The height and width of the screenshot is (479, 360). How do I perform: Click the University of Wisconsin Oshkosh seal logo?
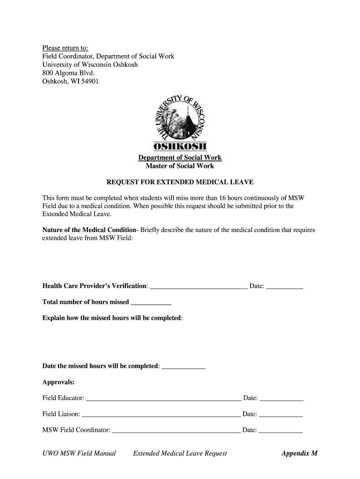(180, 122)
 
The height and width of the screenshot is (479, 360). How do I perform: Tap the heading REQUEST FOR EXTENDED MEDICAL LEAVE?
(180, 182)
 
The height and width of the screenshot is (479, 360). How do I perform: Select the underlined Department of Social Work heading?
(180, 158)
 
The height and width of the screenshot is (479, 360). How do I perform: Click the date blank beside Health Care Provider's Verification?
(284, 287)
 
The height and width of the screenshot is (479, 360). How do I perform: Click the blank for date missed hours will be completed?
(183, 366)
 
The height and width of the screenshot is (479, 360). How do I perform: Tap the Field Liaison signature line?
(161, 414)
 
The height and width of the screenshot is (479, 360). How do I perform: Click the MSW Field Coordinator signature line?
(176, 430)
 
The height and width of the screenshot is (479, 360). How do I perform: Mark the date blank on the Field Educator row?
(281, 399)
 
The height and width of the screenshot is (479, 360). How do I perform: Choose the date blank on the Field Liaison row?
(281, 414)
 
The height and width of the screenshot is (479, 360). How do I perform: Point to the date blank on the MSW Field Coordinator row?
(281, 430)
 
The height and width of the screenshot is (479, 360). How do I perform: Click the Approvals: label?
(58, 382)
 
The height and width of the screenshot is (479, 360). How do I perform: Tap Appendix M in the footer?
(299, 453)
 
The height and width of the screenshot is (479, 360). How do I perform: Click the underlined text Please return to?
(65, 48)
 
